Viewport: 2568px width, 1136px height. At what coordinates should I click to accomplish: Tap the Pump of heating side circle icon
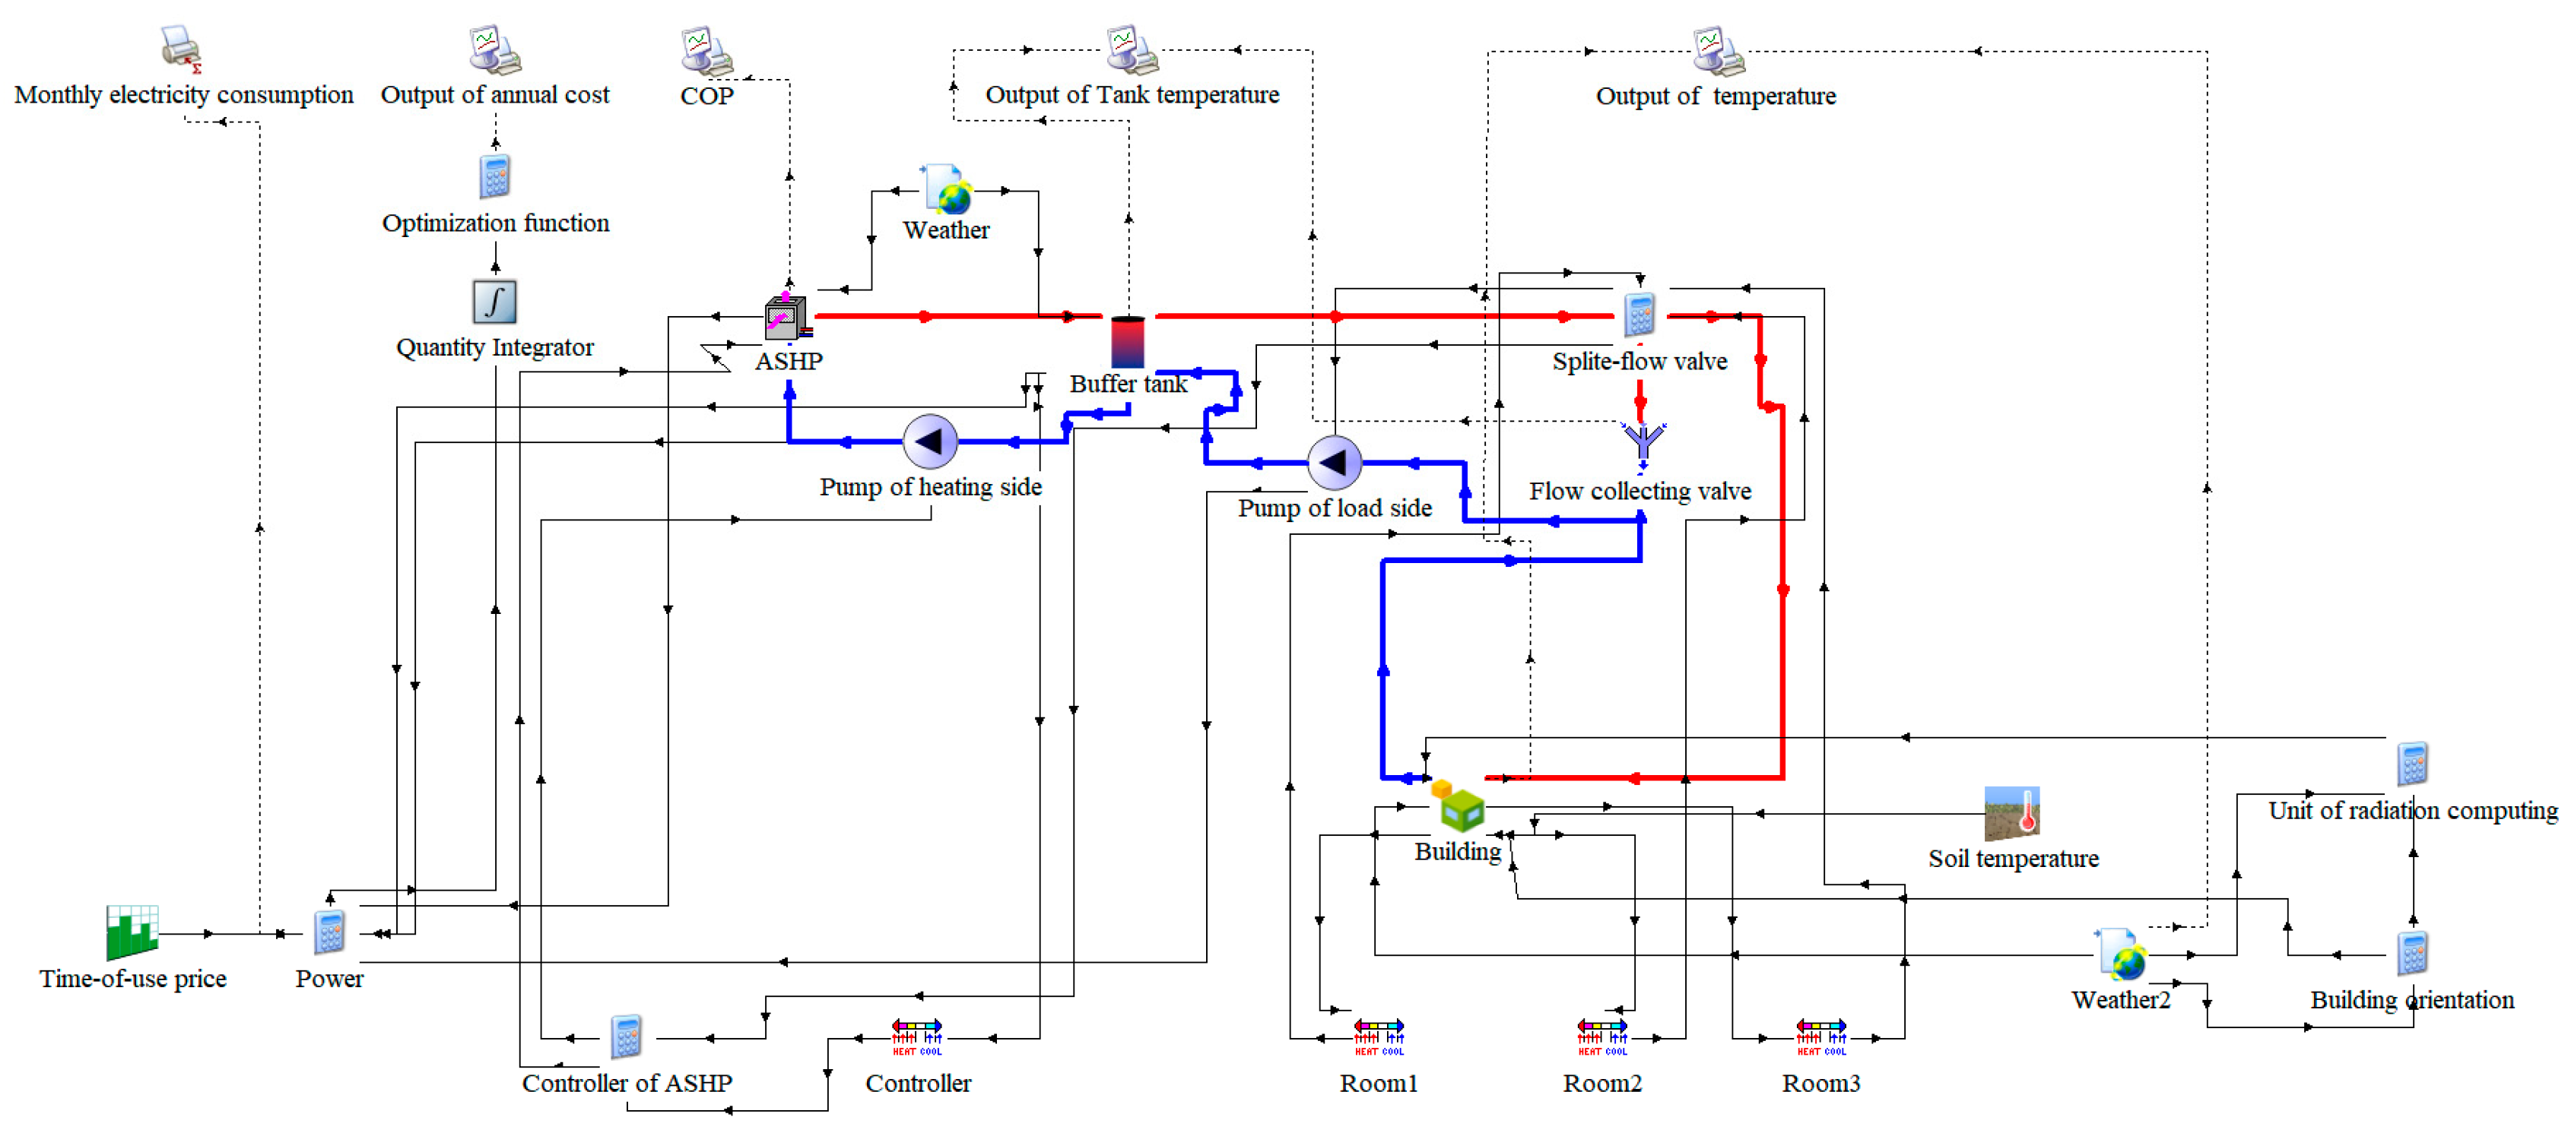(930, 441)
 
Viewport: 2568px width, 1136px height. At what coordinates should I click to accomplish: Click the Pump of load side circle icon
(1334, 462)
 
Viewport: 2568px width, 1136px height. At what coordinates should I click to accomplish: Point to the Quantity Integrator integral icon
(494, 301)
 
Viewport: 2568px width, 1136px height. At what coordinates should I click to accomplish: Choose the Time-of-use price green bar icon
(132, 932)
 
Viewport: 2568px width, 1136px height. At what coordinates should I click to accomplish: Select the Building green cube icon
(1458, 806)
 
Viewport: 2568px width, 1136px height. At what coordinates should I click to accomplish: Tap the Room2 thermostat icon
(1602, 1036)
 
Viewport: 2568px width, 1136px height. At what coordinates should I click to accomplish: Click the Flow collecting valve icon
(1642, 445)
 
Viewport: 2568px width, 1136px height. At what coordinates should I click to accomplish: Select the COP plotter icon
(706, 52)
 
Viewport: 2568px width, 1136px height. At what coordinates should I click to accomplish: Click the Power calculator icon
(329, 932)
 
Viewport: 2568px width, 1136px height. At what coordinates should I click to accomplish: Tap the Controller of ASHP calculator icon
(626, 1037)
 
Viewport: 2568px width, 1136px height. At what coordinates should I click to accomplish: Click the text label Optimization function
(496, 223)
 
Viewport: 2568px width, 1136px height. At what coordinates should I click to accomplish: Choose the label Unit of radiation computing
(2412, 811)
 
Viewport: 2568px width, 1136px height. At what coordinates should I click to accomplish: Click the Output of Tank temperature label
(1132, 95)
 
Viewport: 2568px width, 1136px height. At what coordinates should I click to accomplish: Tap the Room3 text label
(1820, 1083)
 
